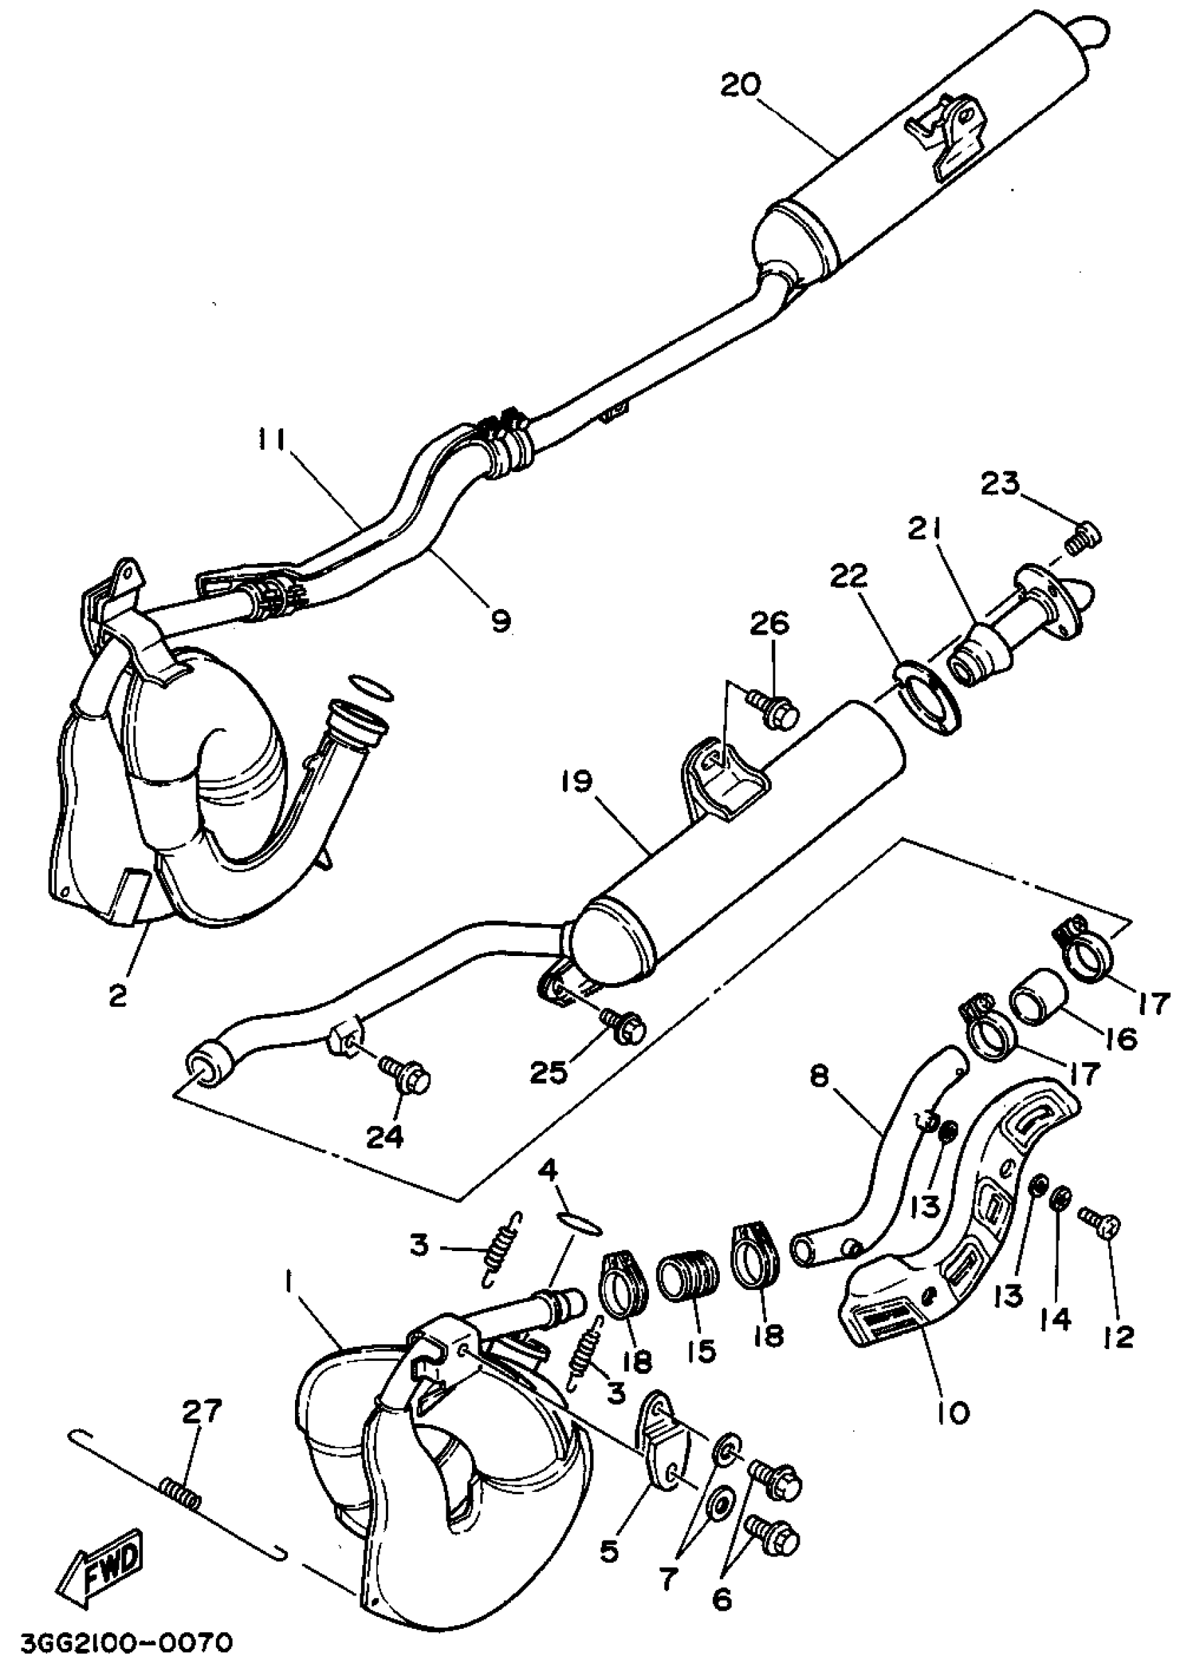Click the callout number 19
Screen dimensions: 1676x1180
pos(579,782)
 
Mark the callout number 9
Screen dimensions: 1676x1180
pos(500,621)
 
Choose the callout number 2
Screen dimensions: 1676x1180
pos(118,995)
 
